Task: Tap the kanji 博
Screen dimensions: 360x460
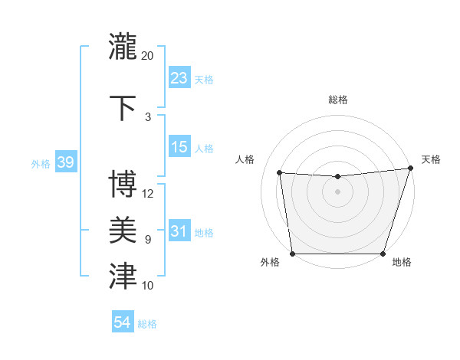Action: click(x=123, y=183)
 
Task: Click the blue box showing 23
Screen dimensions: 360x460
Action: click(x=179, y=77)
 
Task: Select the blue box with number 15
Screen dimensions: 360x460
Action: click(x=179, y=147)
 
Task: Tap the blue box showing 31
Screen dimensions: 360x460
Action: click(x=179, y=231)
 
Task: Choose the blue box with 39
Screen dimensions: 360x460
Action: click(x=66, y=162)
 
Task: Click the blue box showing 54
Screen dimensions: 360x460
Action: click(x=123, y=322)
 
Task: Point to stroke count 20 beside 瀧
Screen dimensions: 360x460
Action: click(x=148, y=56)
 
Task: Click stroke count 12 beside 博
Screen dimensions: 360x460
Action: click(x=148, y=193)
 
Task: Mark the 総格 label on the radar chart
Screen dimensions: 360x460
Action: click(x=337, y=100)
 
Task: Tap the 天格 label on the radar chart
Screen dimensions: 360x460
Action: click(x=431, y=159)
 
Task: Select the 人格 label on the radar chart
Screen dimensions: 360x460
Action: click(x=245, y=159)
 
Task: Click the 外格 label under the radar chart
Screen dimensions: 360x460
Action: click(x=270, y=263)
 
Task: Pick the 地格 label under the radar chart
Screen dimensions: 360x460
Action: click(x=402, y=263)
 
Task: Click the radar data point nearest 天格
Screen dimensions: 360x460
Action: click(x=410, y=169)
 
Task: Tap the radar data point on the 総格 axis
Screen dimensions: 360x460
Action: click(x=337, y=177)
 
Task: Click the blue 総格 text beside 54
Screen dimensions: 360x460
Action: click(x=147, y=324)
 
